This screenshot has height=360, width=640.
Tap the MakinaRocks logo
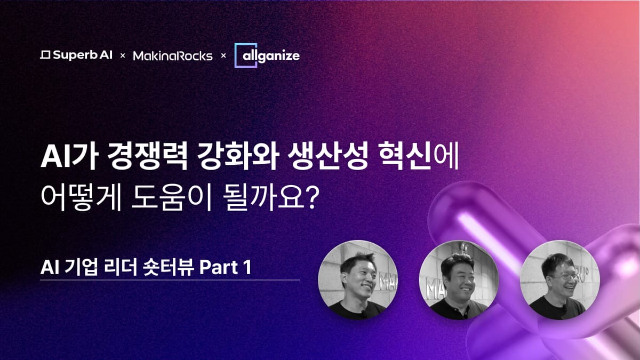click(173, 55)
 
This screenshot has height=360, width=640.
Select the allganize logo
click(267, 55)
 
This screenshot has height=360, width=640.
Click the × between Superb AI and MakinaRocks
click(123, 55)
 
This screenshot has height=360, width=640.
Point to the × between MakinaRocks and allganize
click(223, 55)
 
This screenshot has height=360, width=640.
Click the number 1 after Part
click(247, 267)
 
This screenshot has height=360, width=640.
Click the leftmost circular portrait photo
click(358, 279)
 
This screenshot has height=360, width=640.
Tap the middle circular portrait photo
click(459, 279)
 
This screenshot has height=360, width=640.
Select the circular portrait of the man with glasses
click(560, 279)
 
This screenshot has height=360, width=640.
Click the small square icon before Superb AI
click(45, 55)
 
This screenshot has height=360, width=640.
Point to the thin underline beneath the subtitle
click(170, 280)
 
